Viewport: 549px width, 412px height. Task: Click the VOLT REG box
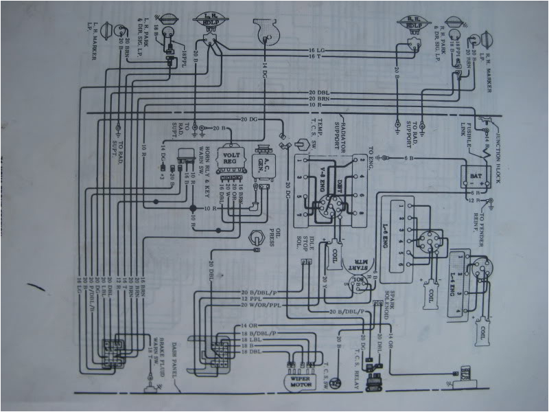click(x=231, y=159)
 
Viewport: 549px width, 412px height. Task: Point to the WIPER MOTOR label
click(x=297, y=379)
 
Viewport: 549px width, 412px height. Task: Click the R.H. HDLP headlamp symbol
click(x=412, y=27)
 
